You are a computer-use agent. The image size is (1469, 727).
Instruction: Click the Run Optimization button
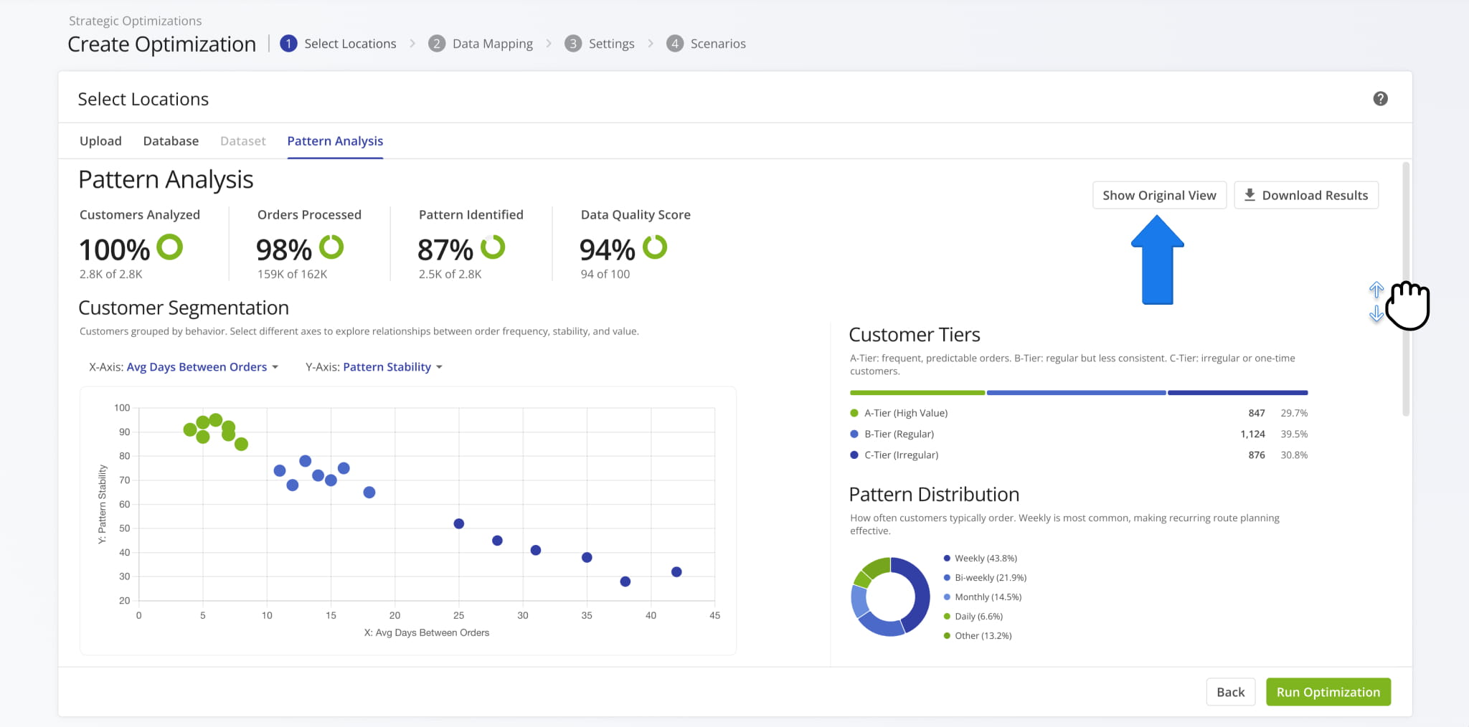(1328, 692)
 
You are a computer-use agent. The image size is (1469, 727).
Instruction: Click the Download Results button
(1305, 195)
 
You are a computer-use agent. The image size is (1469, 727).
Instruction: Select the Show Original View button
(1159, 195)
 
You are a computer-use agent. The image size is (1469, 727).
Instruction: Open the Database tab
(171, 141)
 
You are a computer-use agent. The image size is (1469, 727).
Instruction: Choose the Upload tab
(100, 141)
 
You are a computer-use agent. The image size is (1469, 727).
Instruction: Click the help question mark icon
(1380, 99)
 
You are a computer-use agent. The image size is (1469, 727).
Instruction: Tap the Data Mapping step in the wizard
(492, 44)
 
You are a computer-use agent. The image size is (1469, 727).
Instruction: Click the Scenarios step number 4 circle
(674, 44)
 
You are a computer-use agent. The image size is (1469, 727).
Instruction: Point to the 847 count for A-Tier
(1256, 413)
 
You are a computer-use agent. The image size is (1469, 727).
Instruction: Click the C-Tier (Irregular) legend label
(901, 455)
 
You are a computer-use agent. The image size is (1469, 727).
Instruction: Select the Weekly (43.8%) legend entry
(985, 559)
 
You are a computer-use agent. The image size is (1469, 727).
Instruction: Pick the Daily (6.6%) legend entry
(978, 617)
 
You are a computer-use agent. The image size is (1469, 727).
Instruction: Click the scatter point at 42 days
(676, 572)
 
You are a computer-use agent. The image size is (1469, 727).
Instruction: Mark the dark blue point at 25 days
(459, 524)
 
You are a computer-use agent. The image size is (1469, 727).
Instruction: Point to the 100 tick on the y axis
(122, 408)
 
